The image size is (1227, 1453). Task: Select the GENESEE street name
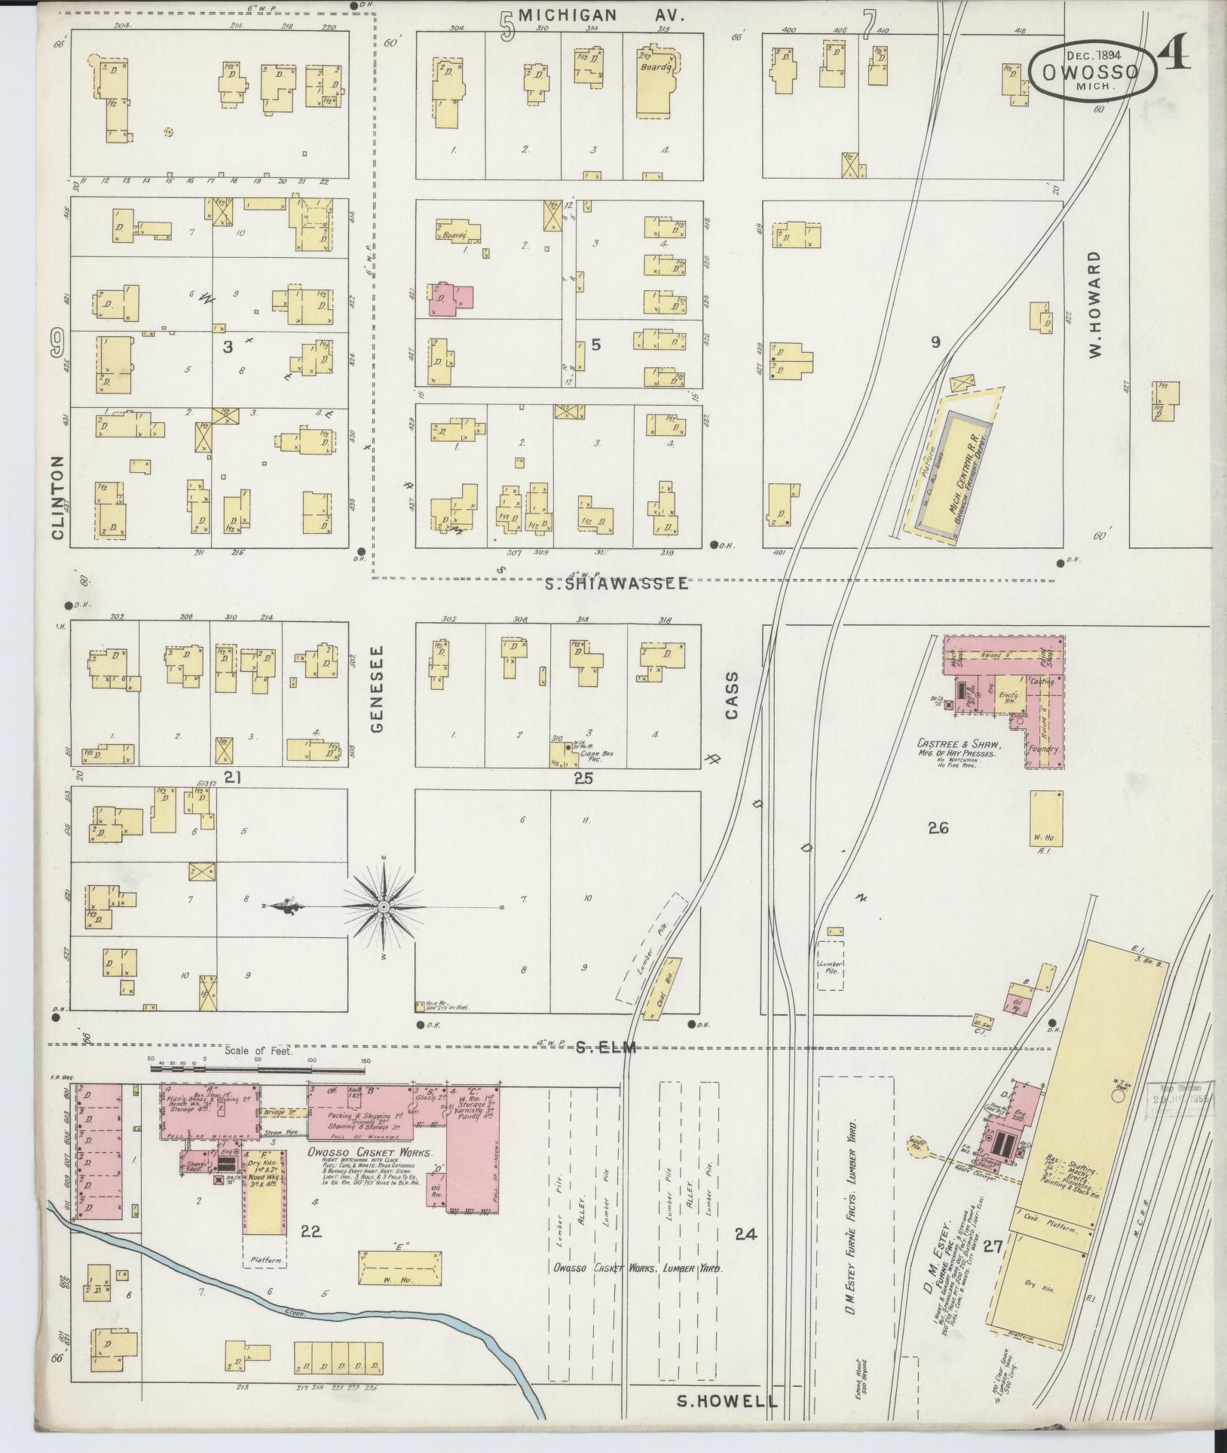[x=378, y=688]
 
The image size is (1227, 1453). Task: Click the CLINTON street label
[x=58, y=498]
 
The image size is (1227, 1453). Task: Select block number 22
[x=311, y=1231]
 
